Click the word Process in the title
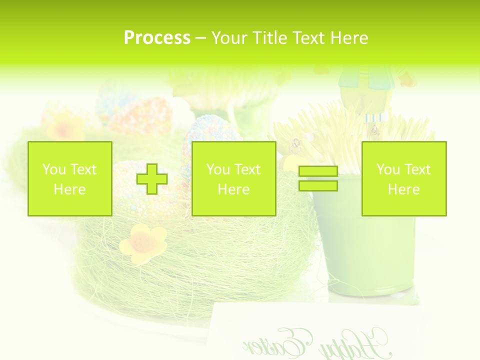157,38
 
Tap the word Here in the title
349,38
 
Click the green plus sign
152,178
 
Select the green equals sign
318,178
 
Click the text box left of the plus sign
70,178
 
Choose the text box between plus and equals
233,178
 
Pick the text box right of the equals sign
403,178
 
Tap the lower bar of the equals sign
318,185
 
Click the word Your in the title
228,38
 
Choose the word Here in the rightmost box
403,189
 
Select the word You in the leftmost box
54,169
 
